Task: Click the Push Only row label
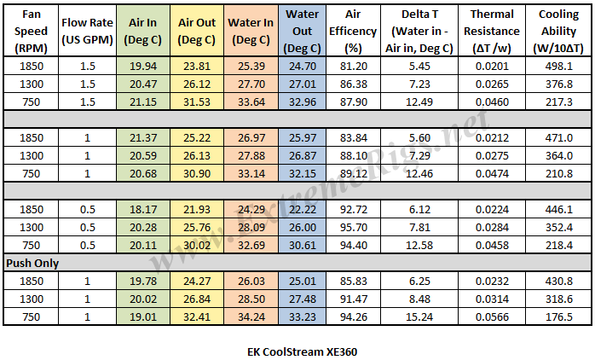click(x=33, y=264)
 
